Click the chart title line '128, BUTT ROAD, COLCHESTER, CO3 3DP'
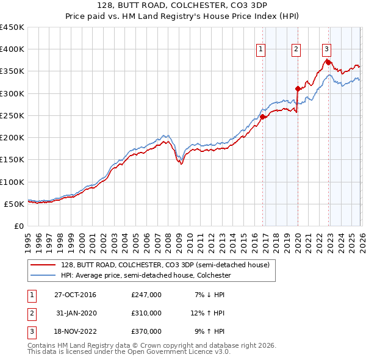182,5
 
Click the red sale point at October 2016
263,117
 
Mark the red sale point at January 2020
298,88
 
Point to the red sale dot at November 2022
328,62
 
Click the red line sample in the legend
45,265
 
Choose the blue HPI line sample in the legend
45,276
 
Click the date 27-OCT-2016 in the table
75,295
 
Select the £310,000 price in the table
146,313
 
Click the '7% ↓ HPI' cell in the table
210,295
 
